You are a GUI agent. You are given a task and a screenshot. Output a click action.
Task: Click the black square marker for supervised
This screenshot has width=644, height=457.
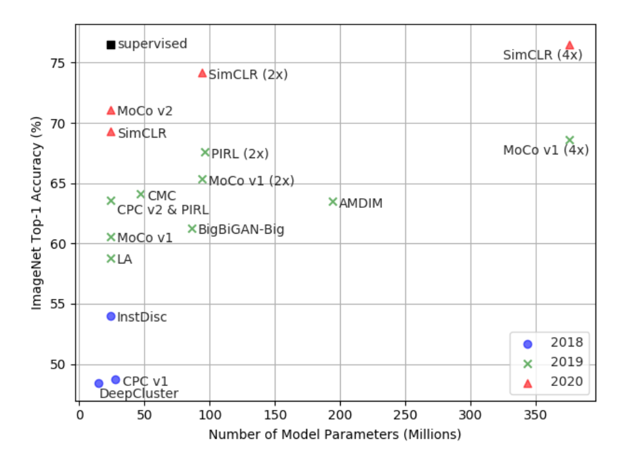[x=111, y=45]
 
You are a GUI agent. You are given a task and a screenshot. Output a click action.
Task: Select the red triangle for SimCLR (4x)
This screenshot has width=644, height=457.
[x=569, y=45]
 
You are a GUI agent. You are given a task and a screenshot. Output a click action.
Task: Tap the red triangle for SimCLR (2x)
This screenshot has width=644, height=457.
[x=203, y=73]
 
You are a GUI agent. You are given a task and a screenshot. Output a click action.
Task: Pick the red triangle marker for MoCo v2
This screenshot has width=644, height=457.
[x=111, y=110]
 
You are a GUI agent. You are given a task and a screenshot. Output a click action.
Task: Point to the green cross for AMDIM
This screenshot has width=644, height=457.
[x=333, y=201]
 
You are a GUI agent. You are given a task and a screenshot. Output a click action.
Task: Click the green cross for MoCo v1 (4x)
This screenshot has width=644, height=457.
[x=569, y=140]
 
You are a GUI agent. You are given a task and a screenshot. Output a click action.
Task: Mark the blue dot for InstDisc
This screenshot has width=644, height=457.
[x=111, y=316]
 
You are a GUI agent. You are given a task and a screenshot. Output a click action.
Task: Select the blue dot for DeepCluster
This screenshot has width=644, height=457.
[x=99, y=383]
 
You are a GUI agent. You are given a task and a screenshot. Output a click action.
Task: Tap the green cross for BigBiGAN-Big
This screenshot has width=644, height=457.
[x=192, y=228]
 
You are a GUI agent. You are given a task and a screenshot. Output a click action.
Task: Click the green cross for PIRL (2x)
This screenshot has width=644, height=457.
[x=205, y=152]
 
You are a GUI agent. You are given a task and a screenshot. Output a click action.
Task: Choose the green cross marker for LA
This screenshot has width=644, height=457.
[x=111, y=258]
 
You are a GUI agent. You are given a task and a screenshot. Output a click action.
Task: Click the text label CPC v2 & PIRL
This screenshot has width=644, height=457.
[x=163, y=210]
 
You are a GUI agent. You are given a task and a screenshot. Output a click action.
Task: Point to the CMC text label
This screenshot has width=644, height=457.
[x=161, y=196]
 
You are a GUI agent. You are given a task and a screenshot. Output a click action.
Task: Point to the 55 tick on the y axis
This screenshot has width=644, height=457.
[x=63, y=304]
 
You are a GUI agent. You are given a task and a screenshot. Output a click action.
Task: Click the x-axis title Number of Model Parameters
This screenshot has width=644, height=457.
[x=334, y=435]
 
